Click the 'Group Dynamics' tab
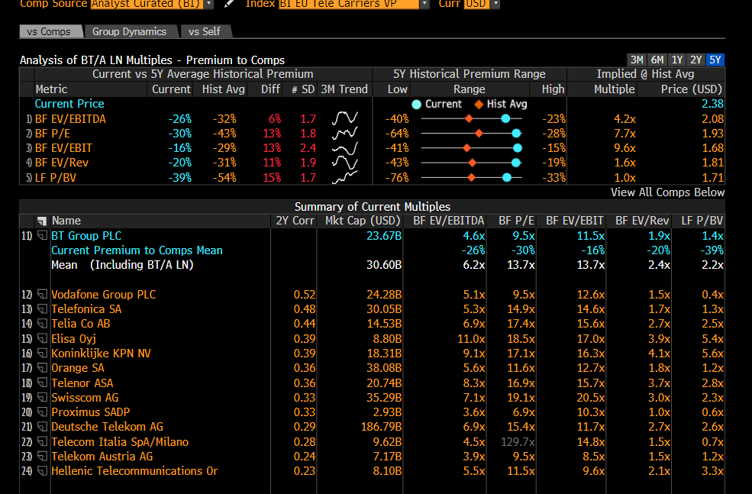point(129,31)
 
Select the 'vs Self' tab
point(205,31)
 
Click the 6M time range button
point(657,60)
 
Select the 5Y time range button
point(715,60)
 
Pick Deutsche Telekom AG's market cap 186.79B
point(379,427)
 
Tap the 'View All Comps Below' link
point(667,192)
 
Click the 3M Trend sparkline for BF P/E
point(345,134)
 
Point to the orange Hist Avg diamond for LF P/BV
point(471,177)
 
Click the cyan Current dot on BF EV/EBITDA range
point(505,119)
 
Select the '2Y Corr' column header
point(294,221)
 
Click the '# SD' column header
point(302,89)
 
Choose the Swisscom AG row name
point(85,398)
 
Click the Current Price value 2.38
point(712,104)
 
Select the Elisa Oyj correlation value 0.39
point(305,339)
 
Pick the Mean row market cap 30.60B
point(383,265)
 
